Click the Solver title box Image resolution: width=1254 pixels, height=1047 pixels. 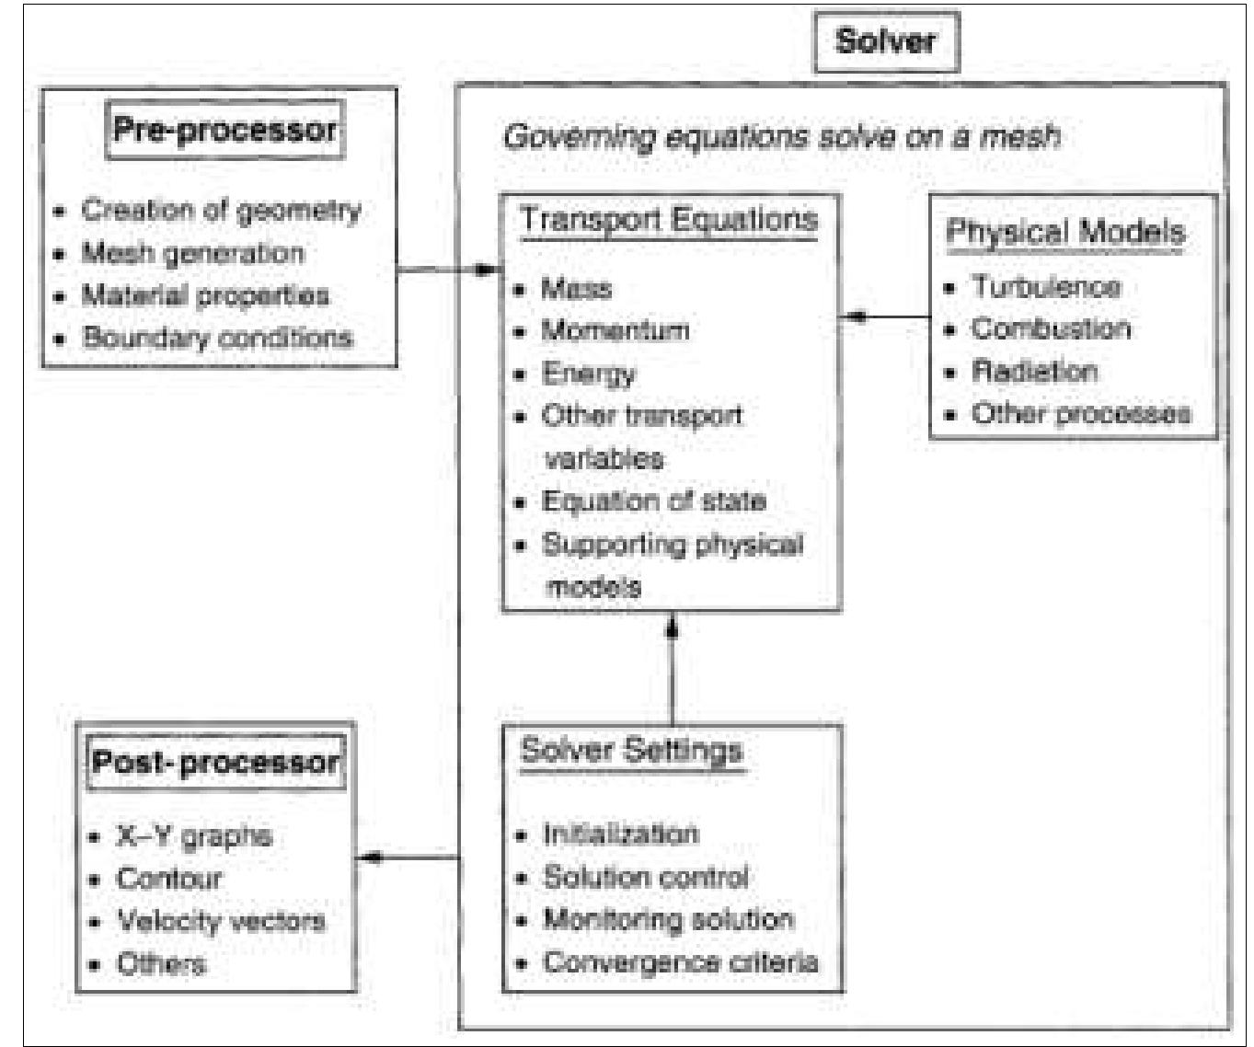[x=886, y=41]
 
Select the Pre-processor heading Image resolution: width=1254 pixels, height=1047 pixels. [x=224, y=130]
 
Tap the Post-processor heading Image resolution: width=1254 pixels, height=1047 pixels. [x=215, y=762]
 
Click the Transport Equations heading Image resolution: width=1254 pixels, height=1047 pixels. [x=669, y=220]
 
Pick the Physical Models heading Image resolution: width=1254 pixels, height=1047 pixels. [x=1065, y=232]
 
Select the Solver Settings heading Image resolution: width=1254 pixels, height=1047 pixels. [x=631, y=750]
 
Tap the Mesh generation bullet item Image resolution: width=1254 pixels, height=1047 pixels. [x=192, y=253]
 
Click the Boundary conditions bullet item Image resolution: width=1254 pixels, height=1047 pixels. [x=217, y=338]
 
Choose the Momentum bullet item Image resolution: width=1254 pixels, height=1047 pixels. [x=615, y=330]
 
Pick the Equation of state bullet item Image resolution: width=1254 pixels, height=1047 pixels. [x=653, y=501]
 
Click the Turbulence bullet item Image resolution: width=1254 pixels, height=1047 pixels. [x=1046, y=287]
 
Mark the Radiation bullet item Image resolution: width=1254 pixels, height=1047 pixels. [x=1035, y=372]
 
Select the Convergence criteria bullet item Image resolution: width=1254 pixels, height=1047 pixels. [x=680, y=962]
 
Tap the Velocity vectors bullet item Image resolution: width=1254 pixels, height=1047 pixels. [x=221, y=921]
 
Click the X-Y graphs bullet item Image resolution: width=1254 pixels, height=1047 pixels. [x=194, y=836]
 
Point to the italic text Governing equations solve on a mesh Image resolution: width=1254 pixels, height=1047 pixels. [x=781, y=137]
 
